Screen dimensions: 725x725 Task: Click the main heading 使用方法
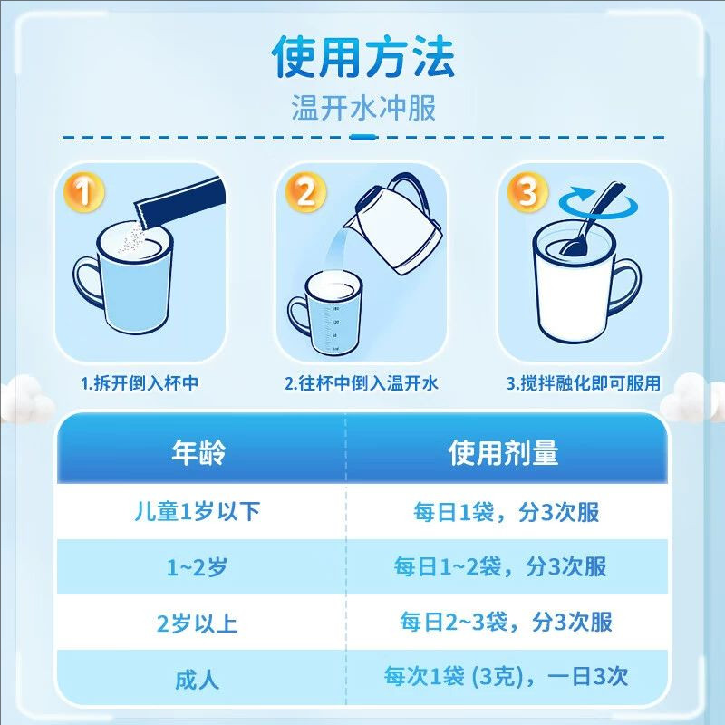pos(362,58)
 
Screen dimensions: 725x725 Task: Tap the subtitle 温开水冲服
pos(362,109)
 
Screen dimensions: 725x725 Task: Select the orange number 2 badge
pos(305,193)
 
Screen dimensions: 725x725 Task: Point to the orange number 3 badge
pos(528,193)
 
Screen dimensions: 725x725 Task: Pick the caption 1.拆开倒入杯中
pos(140,383)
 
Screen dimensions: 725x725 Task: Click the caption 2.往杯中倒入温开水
pos(362,383)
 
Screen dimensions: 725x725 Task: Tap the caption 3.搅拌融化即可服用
pos(585,383)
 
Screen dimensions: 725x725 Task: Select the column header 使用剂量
pos(504,453)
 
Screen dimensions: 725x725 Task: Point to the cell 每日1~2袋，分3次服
pos(500,567)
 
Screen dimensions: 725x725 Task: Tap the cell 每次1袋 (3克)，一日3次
pos(505,677)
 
